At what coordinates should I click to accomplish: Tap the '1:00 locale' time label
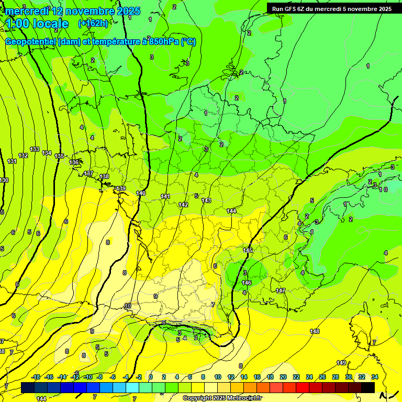pyautogui.click(x=37, y=24)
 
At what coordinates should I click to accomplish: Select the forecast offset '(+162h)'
pyautogui.click(x=93, y=23)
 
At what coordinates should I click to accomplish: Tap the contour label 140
pyautogui.click(x=141, y=193)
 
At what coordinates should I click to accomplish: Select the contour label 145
pyautogui.click(x=248, y=250)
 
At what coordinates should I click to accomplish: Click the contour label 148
pyautogui.click(x=315, y=331)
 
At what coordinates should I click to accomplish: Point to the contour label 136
pyautogui.click(x=74, y=162)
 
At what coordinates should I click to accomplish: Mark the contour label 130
pyautogui.click(x=4, y=180)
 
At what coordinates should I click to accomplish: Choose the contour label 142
pyautogui.click(x=183, y=205)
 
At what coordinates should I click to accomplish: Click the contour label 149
pyautogui.click(x=341, y=363)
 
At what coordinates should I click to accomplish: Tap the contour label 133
pyautogui.click(x=35, y=149)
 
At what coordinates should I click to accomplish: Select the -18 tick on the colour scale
pyautogui.click(x=36, y=377)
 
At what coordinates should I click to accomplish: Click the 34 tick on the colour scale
pyautogui.click(x=374, y=377)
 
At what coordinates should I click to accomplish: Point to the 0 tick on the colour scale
pyautogui.click(x=151, y=377)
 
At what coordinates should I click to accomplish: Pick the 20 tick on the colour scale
pyautogui.click(x=283, y=377)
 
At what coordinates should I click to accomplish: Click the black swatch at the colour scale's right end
pyautogui.click(x=368, y=387)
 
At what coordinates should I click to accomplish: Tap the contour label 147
pyautogui.click(x=281, y=290)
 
